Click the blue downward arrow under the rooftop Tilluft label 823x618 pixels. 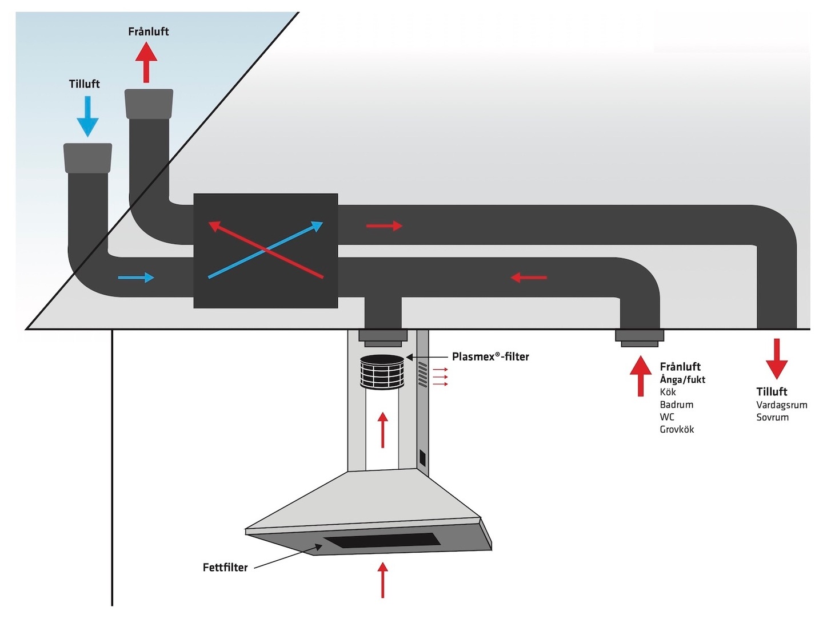87,116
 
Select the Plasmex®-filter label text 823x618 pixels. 490,356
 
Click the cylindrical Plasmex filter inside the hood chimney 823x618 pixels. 382,371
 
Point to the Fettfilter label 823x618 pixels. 225,567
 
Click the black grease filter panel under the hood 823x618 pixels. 382,541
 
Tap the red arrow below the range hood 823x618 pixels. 382,580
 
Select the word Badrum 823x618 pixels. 677,405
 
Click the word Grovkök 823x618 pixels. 677,429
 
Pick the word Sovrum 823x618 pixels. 772,417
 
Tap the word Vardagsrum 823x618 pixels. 781,405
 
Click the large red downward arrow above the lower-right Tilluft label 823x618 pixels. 776,359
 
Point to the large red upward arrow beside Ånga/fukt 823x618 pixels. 641,376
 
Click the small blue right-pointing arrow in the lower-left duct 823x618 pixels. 136,278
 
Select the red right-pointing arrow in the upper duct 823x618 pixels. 384,226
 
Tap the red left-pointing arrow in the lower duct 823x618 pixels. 529,278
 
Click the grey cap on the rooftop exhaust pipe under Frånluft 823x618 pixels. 149,104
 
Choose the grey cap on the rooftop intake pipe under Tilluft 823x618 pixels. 87,157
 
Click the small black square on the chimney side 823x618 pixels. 422,458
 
